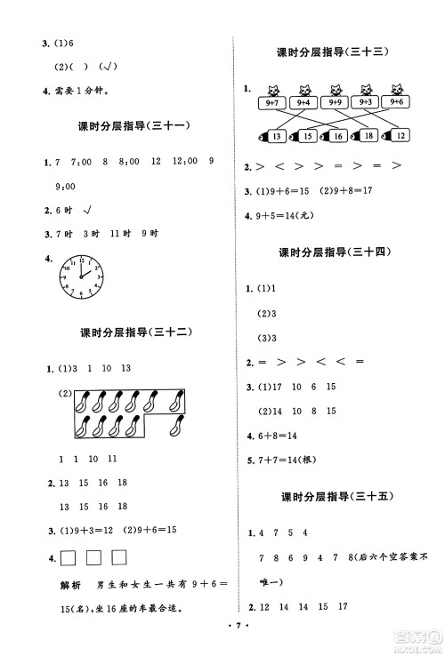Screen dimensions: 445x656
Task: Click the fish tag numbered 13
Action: (x=275, y=136)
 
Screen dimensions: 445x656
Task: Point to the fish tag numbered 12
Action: (x=400, y=136)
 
